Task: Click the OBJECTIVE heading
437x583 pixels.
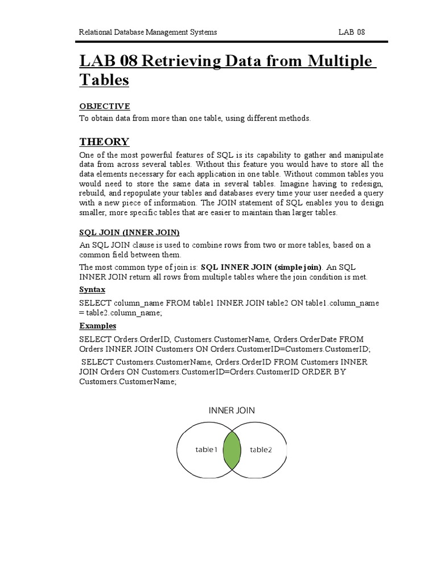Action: click(105, 106)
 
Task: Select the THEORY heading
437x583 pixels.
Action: click(104, 142)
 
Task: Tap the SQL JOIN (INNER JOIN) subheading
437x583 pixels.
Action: click(129, 232)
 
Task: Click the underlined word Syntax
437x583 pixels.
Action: click(92, 290)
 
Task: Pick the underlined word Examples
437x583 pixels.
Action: click(98, 326)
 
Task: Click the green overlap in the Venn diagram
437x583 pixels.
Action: click(232, 450)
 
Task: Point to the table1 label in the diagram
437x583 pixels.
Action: click(207, 450)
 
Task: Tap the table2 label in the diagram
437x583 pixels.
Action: click(261, 450)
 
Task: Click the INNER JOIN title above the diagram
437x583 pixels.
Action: click(232, 410)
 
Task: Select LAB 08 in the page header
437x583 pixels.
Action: click(351, 32)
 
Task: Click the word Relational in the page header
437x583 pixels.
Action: click(95, 32)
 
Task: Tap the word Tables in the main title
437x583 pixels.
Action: click(104, 80)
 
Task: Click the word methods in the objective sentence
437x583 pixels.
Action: click(297, 118)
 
